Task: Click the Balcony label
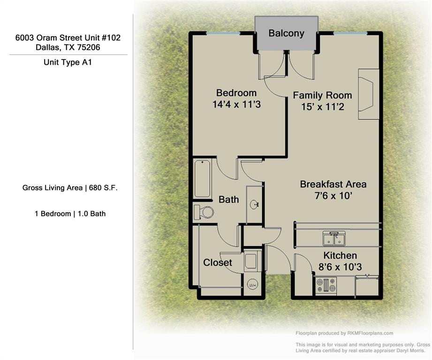pos(286,33)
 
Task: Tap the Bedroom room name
pos(236,93)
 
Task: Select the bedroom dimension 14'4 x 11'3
pos(236,105)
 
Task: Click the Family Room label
pos(322,95)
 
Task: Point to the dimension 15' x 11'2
pos(323,107)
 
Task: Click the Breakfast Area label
pos(333,184)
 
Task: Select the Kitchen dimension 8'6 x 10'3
pos(340,267)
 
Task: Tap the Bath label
pos(228,200)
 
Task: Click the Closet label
pos(217,262)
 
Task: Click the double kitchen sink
pos(334,238)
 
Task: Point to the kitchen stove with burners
pos(326,285)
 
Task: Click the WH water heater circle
pos(252,285)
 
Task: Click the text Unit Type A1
pos(68,62)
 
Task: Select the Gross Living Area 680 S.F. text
pos(70,188)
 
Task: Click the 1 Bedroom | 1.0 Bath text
pos(70,214)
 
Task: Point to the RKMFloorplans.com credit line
pos(344,333)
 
